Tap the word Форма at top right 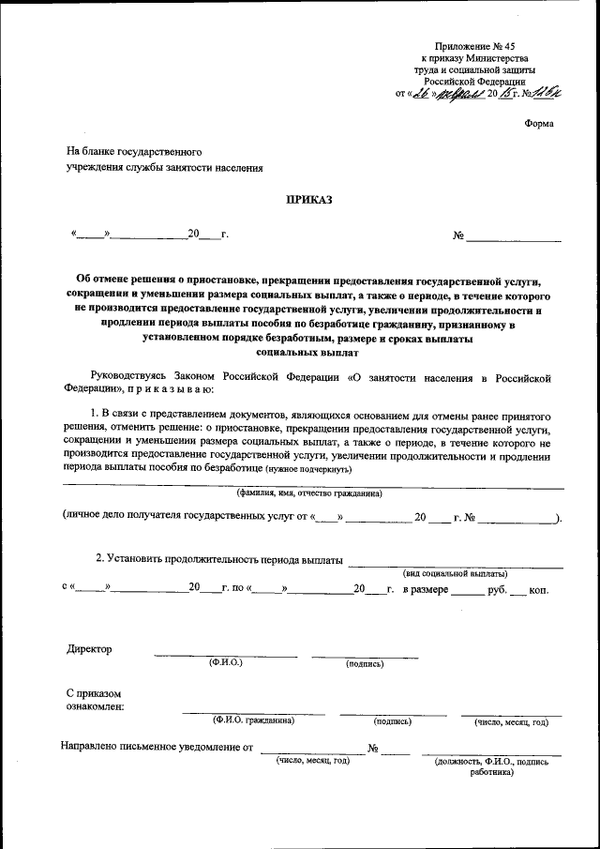click(x=539, y=123)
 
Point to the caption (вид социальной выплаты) click(x=455, y=572)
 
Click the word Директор click(x=89, y=649)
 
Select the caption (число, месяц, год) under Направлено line click(x=312, y=761)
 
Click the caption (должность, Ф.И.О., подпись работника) click(x=492, y=768)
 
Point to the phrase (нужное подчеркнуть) click(x=308, y=468)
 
